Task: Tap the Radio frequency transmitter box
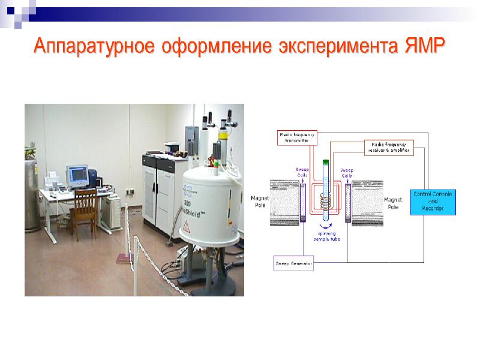(293, 137)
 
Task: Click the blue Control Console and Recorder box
(433, 201)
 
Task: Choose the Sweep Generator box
(293, 263)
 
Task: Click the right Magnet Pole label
(393, 203)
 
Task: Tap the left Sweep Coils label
(302, 173)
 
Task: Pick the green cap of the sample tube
(326, 161)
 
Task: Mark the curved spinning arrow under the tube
(326, 225)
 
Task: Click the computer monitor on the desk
(77, 175)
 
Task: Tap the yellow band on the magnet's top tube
(223, 136)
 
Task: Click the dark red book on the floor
(124, 258)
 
